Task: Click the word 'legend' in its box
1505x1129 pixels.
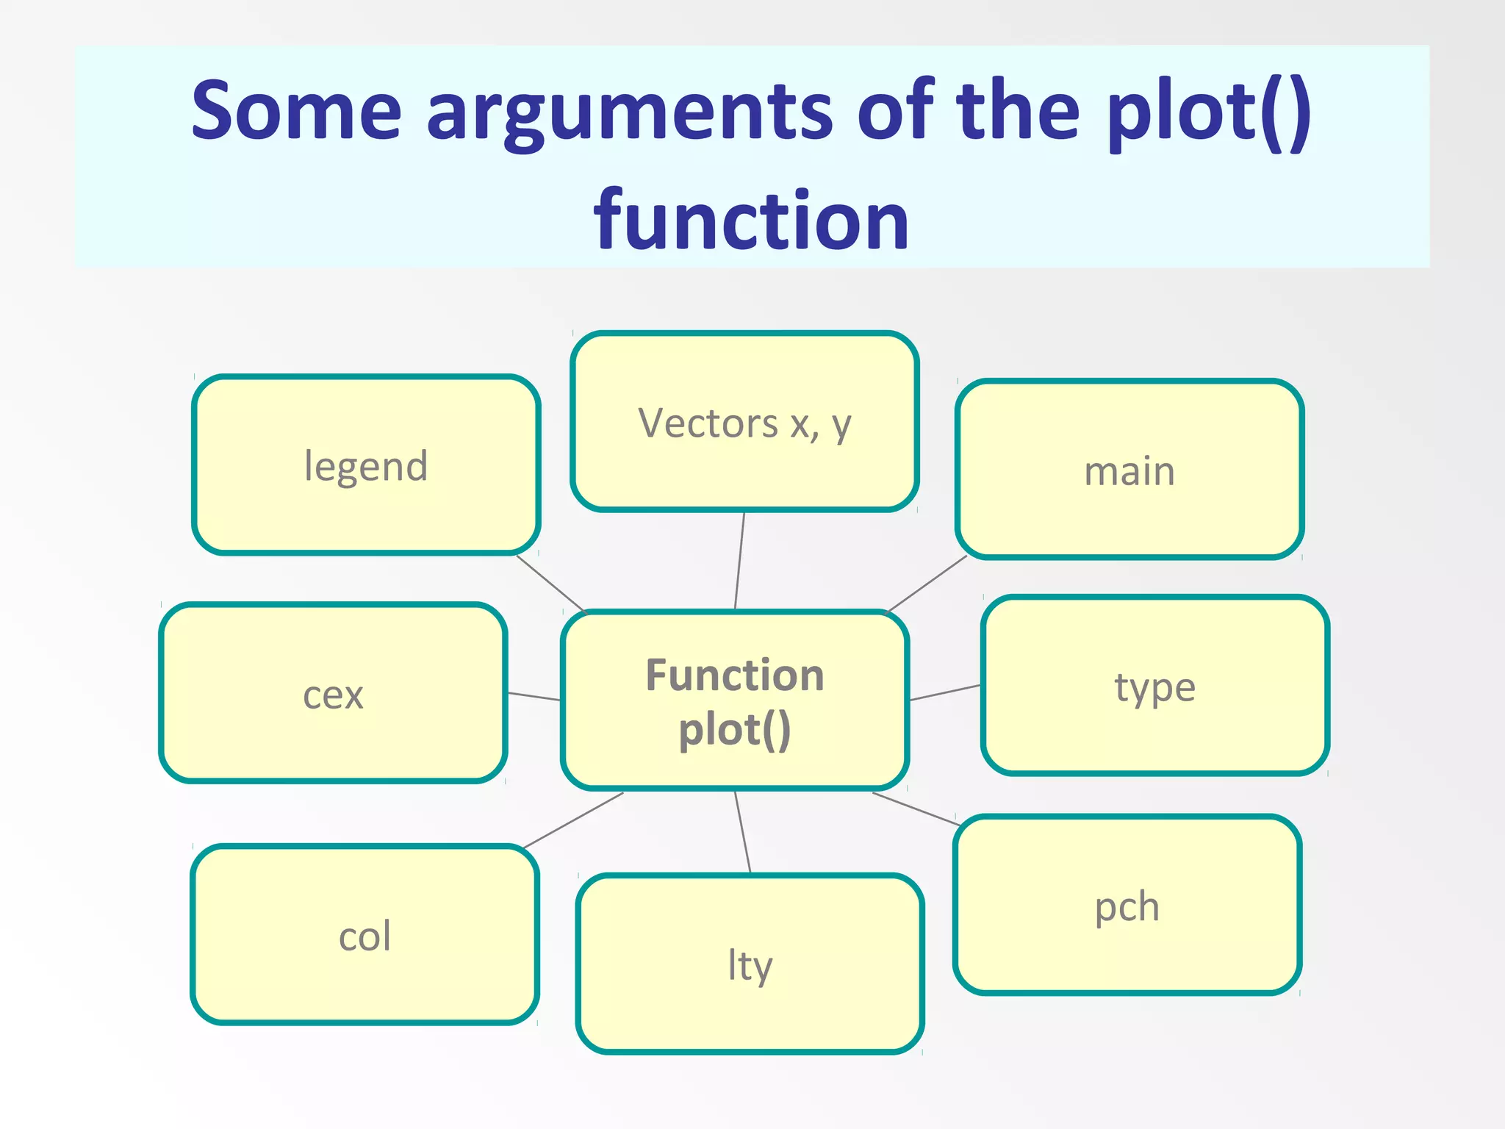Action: (366, 466)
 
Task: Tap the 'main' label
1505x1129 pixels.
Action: (1129, 470)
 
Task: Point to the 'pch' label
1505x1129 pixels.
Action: (1127, 906)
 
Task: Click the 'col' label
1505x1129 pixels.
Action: (364, 936)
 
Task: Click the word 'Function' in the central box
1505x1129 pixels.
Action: (735, 675)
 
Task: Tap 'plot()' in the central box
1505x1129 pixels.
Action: (735, 730)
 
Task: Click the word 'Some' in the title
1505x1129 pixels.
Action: (296, 110)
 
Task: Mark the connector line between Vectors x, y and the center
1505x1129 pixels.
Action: (740, 560)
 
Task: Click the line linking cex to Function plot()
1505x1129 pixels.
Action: (534, 696)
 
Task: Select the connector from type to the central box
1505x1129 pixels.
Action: (945, 692)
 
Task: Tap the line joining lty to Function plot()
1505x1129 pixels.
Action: (742, 831)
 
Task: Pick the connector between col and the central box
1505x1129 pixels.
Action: (573, 820)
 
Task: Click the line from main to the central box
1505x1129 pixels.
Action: (927, 584)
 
